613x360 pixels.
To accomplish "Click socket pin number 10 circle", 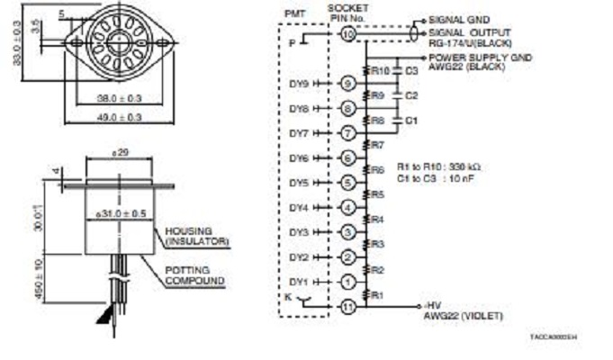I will (x=348, y=34).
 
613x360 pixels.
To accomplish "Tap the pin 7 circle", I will (x=348, y=133).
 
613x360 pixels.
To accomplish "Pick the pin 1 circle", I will (x=348, y=282).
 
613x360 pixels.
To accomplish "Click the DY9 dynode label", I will (x=299, y=84).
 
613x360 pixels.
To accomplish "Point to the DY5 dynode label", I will (x=299, y=183).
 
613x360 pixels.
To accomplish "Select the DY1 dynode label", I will (x=299, y=282).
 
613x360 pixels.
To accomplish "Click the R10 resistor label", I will (x=380, y=70).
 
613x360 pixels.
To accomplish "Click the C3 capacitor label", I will (x=411, y=70).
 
